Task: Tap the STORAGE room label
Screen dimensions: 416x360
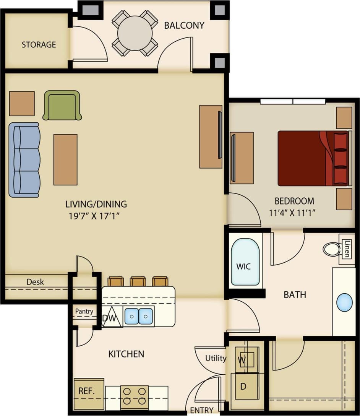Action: (x=39, y=45)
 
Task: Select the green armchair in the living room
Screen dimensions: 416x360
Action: (x=62, y=105)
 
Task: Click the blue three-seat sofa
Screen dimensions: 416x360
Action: (x=24, y=159)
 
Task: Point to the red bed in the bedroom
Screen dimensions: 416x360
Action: (x=313, y=158)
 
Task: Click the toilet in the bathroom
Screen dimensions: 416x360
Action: (x=332, y=249)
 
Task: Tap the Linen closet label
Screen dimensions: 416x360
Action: (x=346, y=249)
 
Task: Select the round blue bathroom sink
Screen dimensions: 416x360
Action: (x=344, y=302)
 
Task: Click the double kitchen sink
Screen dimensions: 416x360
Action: (x=139, y=316)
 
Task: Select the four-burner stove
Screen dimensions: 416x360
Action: (x=135, y=396)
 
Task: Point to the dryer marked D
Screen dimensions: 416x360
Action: (x=243, y=386)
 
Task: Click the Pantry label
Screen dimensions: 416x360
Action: (x=84, y=311)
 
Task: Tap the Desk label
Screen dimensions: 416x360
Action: (x=35, y=282)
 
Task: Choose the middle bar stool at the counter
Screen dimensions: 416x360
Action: (x=138, y=282)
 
